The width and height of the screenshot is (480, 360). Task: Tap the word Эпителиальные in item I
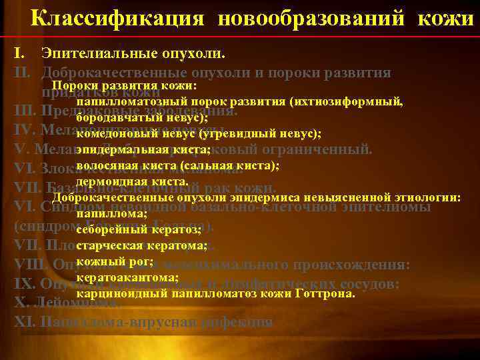point(91,52)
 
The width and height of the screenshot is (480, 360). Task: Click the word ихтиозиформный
point(346,102)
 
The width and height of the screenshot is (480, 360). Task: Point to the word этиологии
point(425,197)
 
